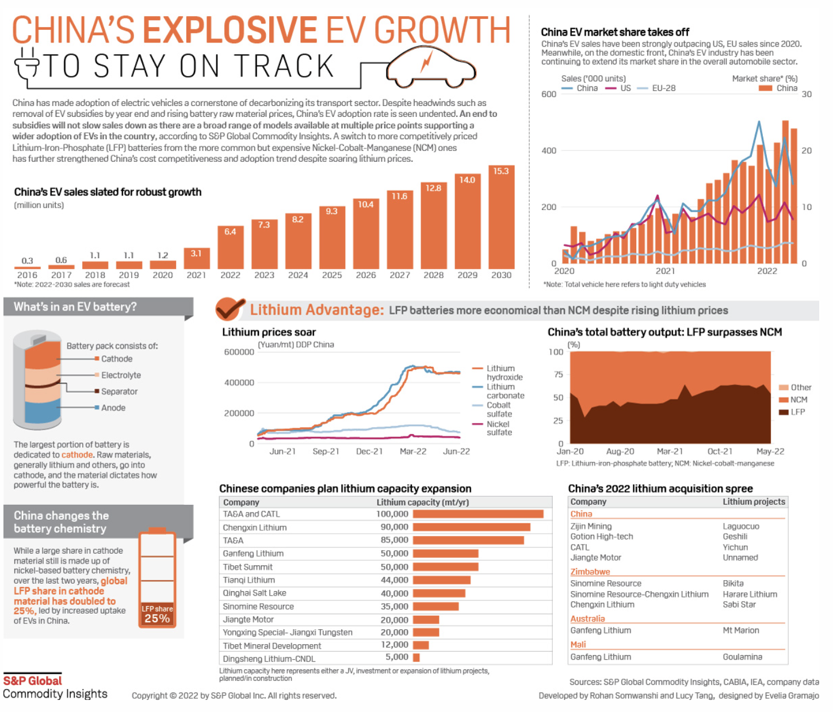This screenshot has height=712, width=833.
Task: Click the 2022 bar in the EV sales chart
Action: (x=230, y=247)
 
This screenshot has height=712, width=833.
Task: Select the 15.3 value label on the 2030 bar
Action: (x=501, y=171)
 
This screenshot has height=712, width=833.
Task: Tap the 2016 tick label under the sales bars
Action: (x=27, y=275)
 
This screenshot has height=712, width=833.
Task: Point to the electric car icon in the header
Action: (x=431, y=67)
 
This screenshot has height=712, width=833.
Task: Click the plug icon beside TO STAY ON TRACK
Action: (x=26, y=64)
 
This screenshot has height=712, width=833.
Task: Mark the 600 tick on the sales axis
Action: (x=549, y=94)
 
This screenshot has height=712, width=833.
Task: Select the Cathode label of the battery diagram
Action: (x=117, y=359)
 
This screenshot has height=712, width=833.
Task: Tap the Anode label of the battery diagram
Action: (x=113, y=408)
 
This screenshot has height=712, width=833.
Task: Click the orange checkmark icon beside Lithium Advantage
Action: (x=230, y=309)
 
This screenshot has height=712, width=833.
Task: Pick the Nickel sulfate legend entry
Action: (x=499, y=428)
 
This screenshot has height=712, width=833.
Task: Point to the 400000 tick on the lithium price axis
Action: (x=239, y=382)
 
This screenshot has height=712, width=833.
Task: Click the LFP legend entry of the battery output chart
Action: (x=797, y=412)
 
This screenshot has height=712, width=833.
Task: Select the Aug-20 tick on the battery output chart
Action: (x=620, y=451)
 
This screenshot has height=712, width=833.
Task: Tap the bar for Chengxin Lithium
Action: (x=471, y=527)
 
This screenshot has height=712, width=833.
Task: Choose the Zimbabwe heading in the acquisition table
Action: (x=590, y=572)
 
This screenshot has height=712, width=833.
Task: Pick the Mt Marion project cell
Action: (x=740, y=630)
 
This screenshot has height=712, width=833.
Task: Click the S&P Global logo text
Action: (x=33, y=681)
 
